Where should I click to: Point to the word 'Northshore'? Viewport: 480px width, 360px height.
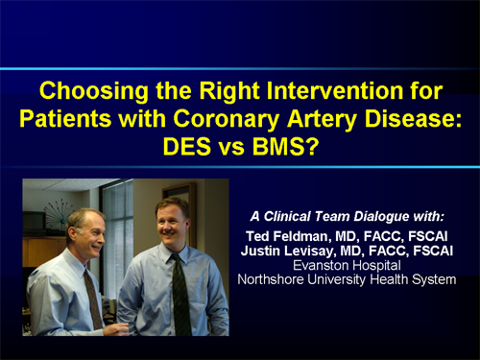coord(282,279)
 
